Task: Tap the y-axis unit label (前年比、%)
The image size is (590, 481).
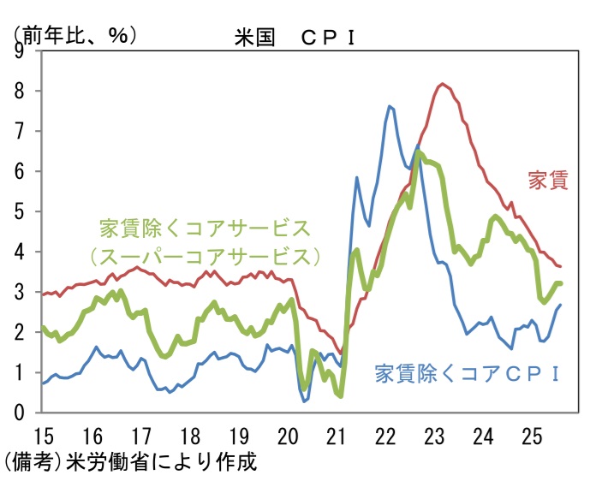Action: coord(74,34)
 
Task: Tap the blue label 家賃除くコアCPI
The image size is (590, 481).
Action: coord(467,373)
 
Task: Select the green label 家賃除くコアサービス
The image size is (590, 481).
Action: coord(204,229)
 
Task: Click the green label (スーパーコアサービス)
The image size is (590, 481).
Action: coord(204,256)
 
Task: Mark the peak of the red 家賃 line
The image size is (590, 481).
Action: coord(442,84)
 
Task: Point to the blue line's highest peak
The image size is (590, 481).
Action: coord(390,106)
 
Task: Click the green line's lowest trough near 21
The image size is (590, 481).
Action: coord(341,396)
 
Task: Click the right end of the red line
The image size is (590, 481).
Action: coord(560,266)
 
